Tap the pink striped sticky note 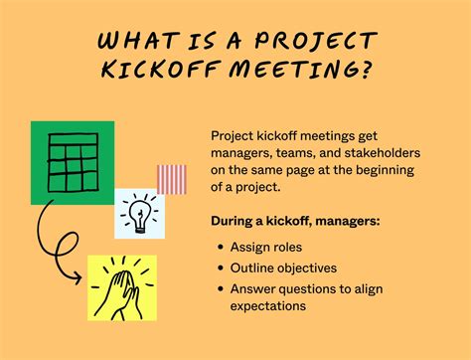pos(171,179)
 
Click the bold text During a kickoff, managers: pos(295,220)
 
